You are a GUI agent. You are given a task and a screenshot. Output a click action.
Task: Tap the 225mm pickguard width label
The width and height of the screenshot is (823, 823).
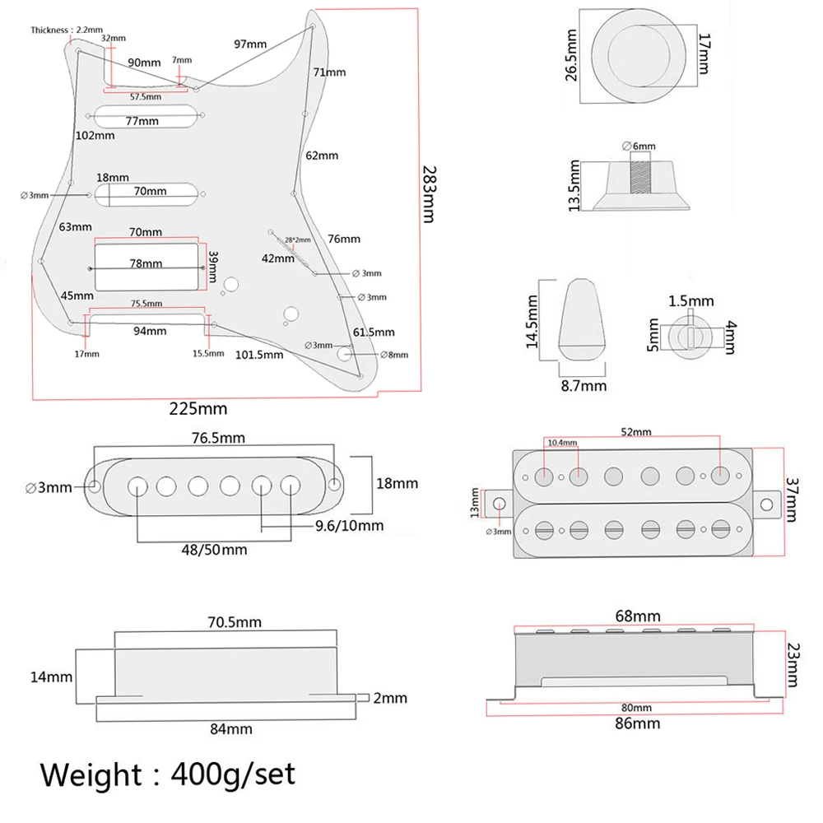(198, 408)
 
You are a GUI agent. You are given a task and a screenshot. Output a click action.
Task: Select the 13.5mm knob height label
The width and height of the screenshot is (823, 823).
(574, 186)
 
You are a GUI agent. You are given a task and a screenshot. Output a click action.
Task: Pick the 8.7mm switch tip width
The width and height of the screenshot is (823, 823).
(584, 385)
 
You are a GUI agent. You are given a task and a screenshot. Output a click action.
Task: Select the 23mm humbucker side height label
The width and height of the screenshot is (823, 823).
(791, 665)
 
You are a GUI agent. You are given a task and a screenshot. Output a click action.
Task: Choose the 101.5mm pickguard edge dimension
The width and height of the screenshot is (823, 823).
(259, 355)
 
